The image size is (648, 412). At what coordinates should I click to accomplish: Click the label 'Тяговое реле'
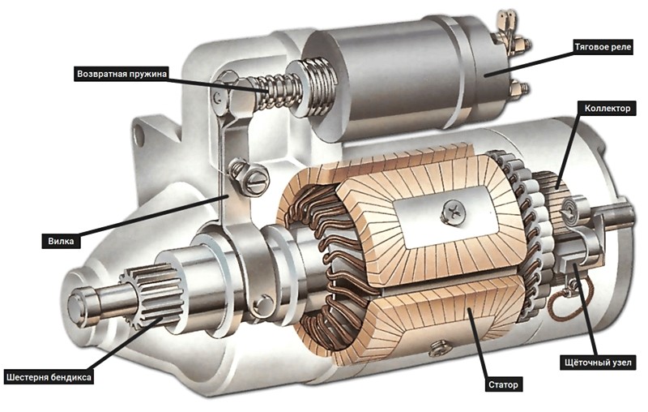[603, 47]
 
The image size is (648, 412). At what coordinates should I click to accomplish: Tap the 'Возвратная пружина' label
[122, 74]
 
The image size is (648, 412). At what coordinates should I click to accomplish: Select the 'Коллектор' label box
[607, 109]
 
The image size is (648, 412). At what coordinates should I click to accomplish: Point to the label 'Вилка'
[61, 241]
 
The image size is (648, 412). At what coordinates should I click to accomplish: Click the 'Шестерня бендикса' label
[49, 377]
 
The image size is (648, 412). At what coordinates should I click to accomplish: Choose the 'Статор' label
[503, 384]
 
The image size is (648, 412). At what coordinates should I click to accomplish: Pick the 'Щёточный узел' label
[598, 363]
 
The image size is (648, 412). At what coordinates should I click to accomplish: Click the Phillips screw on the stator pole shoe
[454, 212]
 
